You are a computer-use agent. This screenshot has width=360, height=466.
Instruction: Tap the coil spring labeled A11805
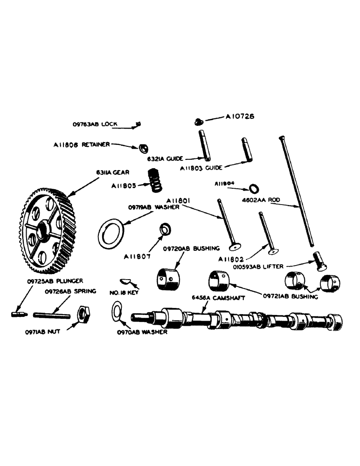(154, 179)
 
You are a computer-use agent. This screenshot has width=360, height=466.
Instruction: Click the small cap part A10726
(199, 122)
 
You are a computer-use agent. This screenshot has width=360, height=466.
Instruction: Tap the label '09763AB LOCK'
(95, 124)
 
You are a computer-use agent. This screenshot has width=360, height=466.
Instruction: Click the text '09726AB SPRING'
(70, 291)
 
